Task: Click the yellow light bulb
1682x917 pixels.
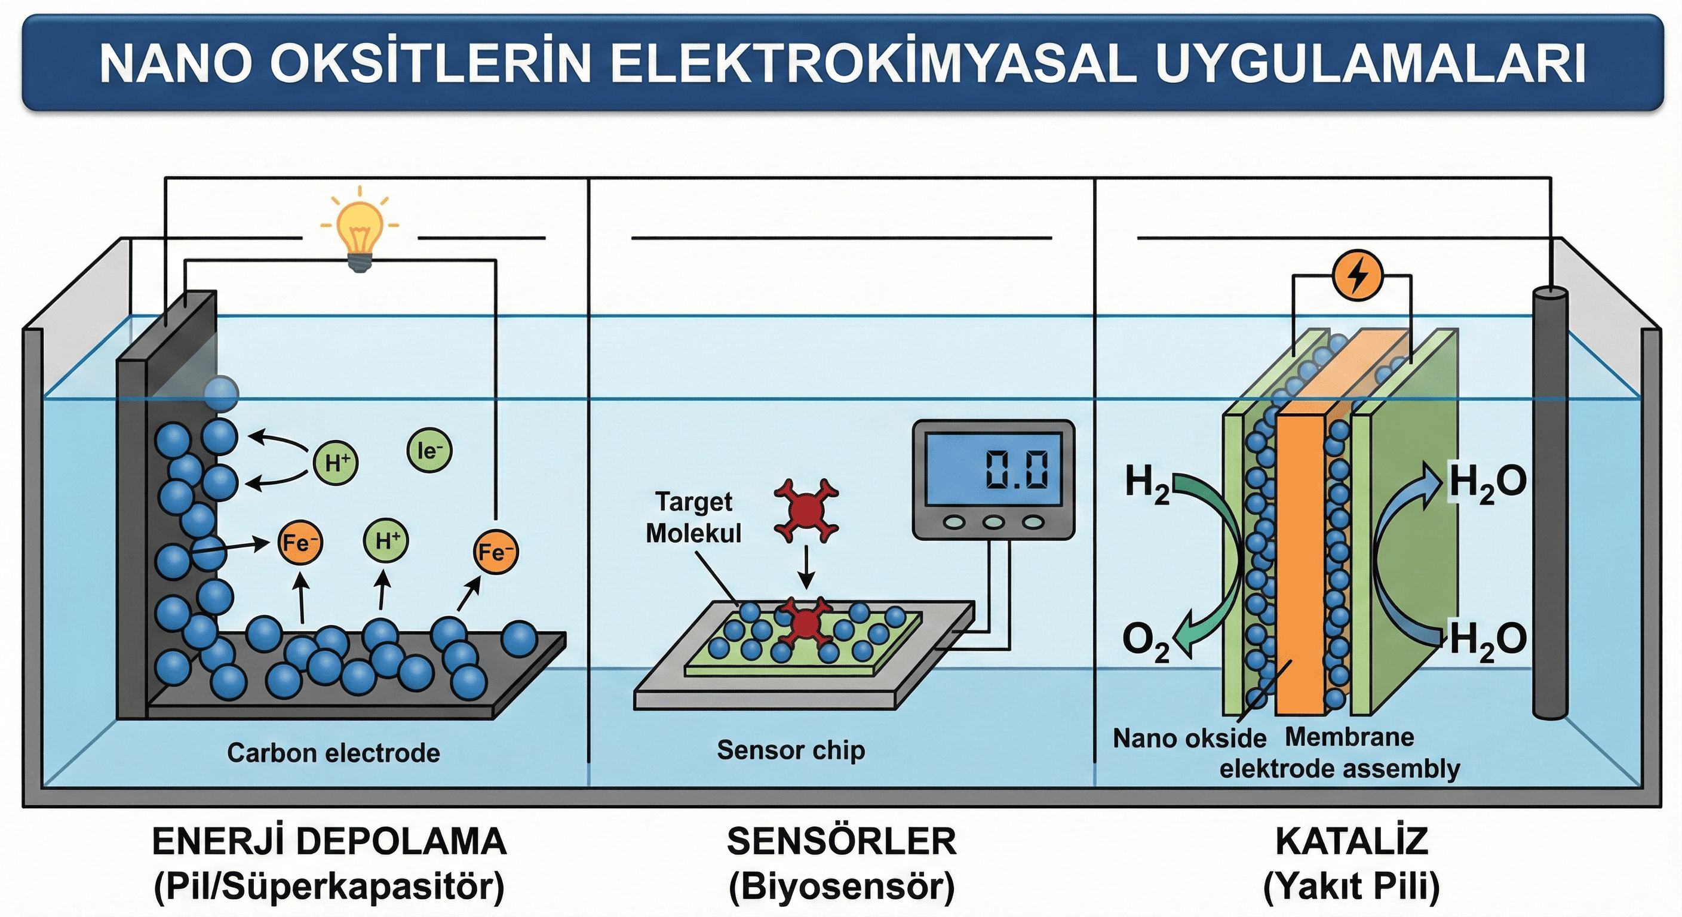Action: pyautogui.click(x=359, y=229)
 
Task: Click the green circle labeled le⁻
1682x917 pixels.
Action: pyautogui.click(x=429, y=450)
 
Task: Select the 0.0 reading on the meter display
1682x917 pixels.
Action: pyautogui.click(x=1017, y=470)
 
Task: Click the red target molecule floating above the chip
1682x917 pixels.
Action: pyautogui.click(x=806, y=510)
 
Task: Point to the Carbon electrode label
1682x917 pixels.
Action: pyautogui.click(x=333, y=753)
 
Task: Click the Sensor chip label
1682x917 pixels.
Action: pyautogui.click(x=791, y=750)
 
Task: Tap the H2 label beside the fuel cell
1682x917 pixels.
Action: pyautogui.click(x=1147, y=485)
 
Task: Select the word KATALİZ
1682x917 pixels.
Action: pyautogui.click(x=1352, y=841)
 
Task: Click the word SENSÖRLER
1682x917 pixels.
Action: pyautogui.click(x=841, y=841)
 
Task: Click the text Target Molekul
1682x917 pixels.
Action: pyautogui.click(x=693, y=518)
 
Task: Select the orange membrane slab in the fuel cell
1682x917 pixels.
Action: pyautogui.click(x=1299, y=561)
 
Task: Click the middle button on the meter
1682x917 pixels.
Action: pyautogui.click(x=994, y=522)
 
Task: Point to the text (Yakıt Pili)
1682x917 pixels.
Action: pyautogui.click(x=1352, y=887)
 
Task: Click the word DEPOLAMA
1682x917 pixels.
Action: pyautogui.click(x=401, y=841)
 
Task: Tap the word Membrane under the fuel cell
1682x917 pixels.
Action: pyautogui.click(x=1349, y=737)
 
